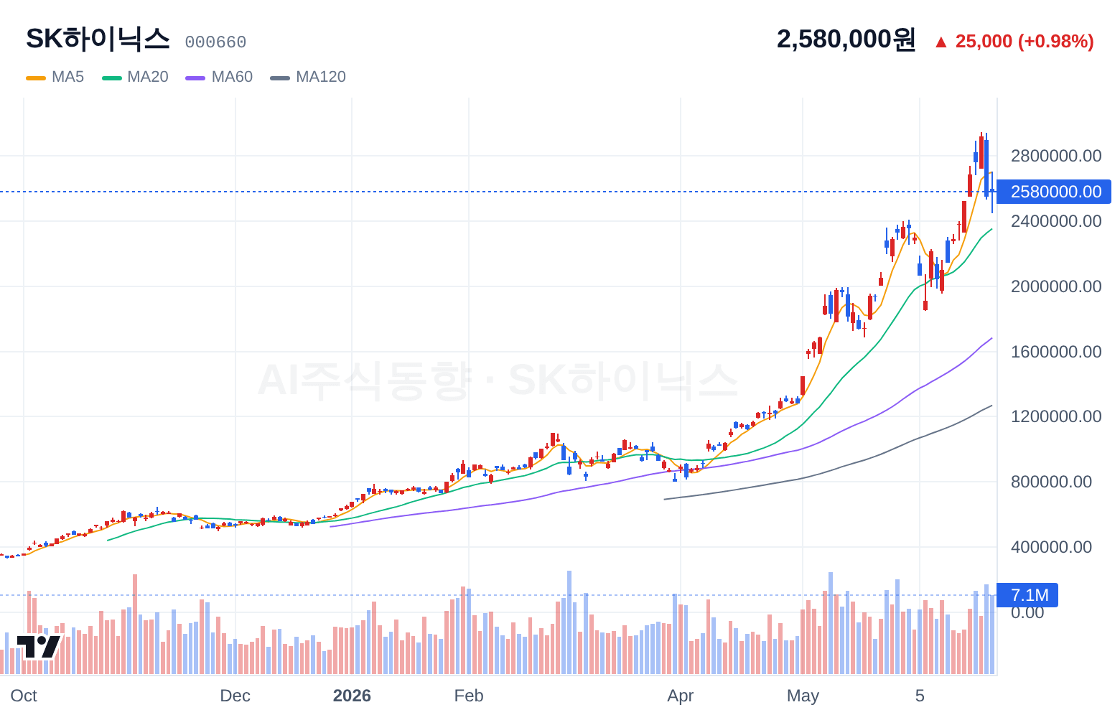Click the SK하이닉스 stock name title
click(x=98, y=39)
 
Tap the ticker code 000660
click(x=215, y=42)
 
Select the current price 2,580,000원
click(x=846, y=39)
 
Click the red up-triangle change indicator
click(x=941, y=42)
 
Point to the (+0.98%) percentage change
click(x=1056, y=42)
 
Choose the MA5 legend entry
click(x=55, y=77)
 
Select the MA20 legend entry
click(x=135, y=77)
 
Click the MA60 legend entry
click(x=219, y=77)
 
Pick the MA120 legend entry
click(x=308, y=77)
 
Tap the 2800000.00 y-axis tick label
click(x=1056, y=156)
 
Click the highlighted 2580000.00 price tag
click(x=1054, y=192)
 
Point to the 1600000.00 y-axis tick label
click(x=1056, y=352)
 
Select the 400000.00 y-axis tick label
click(x=1051, y=547)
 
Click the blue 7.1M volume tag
click(x=1027, y=595)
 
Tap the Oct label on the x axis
click(x=24, y=696)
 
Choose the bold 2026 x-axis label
click(x=352, y=696)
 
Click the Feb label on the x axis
click(x=469, y=696)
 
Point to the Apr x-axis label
click(x=681, y=696)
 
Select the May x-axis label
click(x=803, y=696)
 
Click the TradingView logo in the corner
click(x=39, y=647)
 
